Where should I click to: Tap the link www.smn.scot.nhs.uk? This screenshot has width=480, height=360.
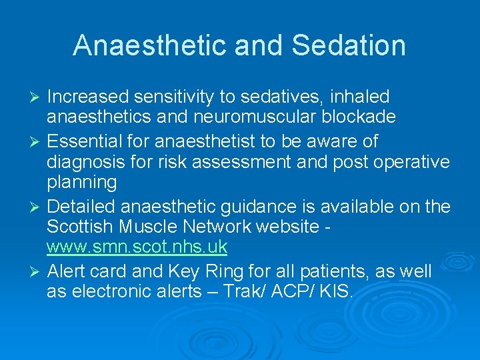[137, 247]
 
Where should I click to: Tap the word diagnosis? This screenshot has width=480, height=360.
[86, 162]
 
